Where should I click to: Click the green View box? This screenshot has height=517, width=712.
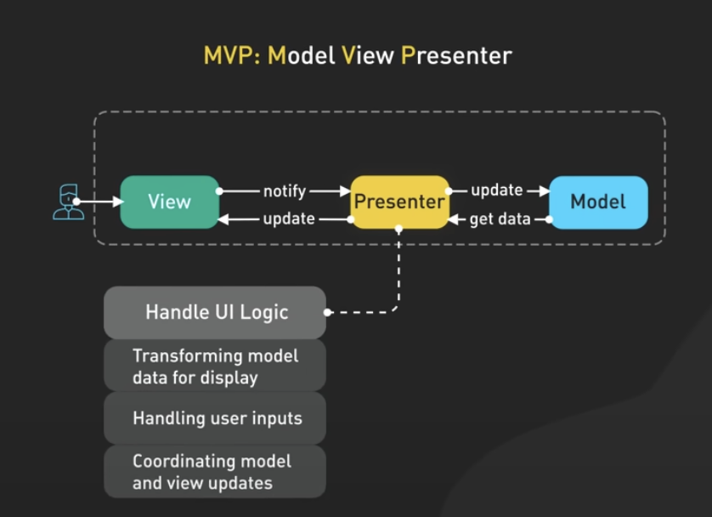tap(169, 202)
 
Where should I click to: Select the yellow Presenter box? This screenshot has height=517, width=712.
tap(399, 202)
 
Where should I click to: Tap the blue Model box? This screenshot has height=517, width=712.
tap(598, 202)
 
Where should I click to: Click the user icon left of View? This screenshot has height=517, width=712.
tap(68, 202)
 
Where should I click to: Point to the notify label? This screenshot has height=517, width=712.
tap(285, 191)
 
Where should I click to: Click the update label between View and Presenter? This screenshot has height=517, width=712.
tap(289, 219)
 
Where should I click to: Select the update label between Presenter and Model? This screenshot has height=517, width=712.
tap(497, 190)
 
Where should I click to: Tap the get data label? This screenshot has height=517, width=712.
tap(500, 219)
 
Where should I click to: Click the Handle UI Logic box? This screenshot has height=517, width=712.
tap(215, 313)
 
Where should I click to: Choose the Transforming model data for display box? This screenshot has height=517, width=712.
tap(215, 366)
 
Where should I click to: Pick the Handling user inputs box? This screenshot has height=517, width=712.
tap(215, 418)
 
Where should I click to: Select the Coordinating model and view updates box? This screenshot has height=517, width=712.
tap(215, 472)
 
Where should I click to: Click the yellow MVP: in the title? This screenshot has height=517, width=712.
tap(232, 56)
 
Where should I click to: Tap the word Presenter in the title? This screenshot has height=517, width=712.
tap(456, 56)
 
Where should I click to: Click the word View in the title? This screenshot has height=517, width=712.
tap(368, 56)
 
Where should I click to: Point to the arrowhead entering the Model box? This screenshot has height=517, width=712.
tap(545, 191)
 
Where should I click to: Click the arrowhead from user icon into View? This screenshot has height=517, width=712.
tap(118, 202)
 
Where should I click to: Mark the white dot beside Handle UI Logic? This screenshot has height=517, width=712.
tap(327, 313)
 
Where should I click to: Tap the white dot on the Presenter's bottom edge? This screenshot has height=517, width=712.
tap(398, 228)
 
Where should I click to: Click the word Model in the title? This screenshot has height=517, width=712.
tap(302, 56)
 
